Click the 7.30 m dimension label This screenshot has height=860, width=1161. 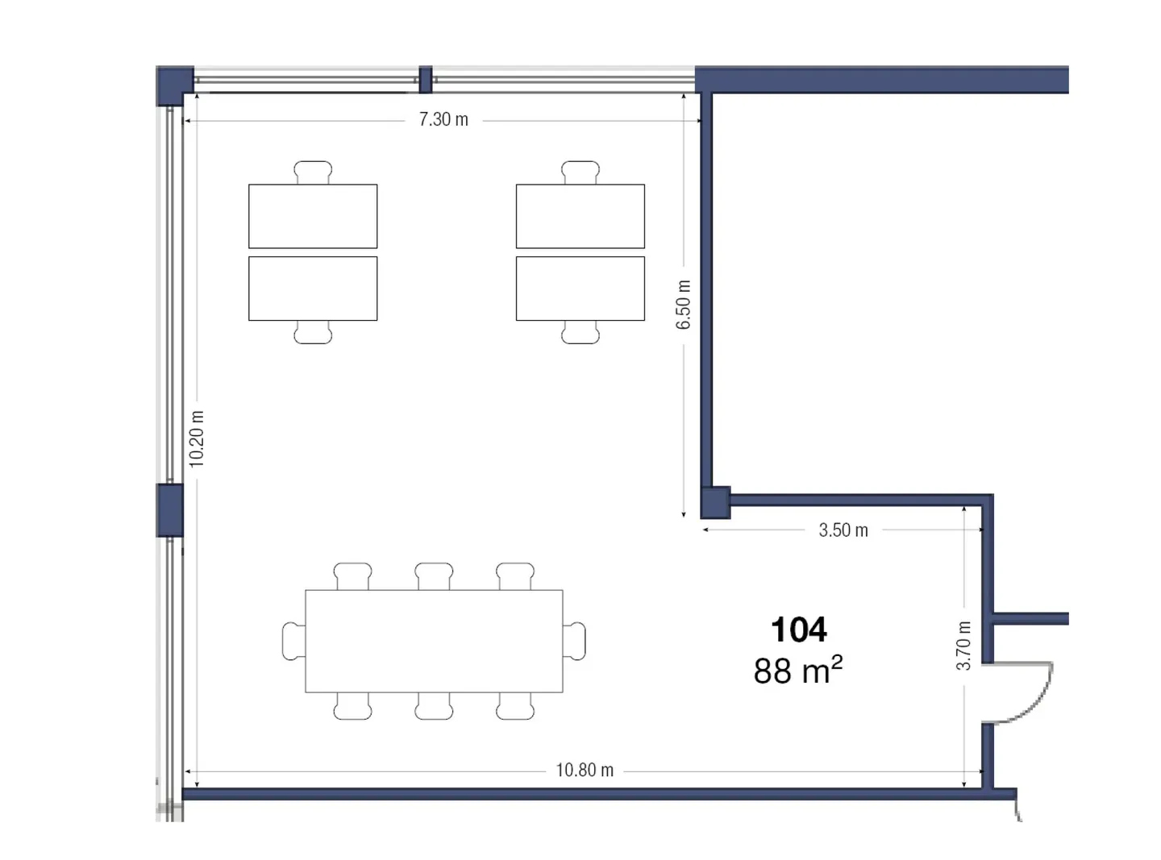click(443, 120)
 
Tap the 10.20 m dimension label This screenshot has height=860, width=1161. click(196, 438)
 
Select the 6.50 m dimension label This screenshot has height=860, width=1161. click(683, 304)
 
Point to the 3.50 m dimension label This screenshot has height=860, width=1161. click(843, 530)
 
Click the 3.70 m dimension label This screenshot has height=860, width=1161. click(963, 646)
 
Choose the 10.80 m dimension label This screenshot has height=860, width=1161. click(585, 770)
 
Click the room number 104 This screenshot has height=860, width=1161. click(798, 629)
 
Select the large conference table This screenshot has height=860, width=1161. click(434, 642)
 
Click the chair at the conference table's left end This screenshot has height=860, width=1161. click(293, 642)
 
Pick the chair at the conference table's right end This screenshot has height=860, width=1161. click(574, 642)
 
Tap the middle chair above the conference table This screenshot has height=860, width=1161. click(434, 576)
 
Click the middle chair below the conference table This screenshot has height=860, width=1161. click(434, 705)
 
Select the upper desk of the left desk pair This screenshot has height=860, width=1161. click(313, 216)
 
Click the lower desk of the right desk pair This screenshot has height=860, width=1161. click(580, 289)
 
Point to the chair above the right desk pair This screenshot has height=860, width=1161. click(580, 172)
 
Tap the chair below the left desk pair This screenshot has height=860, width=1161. click(313, 332)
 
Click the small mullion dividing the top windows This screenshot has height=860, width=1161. click(426, 80)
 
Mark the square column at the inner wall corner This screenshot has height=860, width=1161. click(715, 502)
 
